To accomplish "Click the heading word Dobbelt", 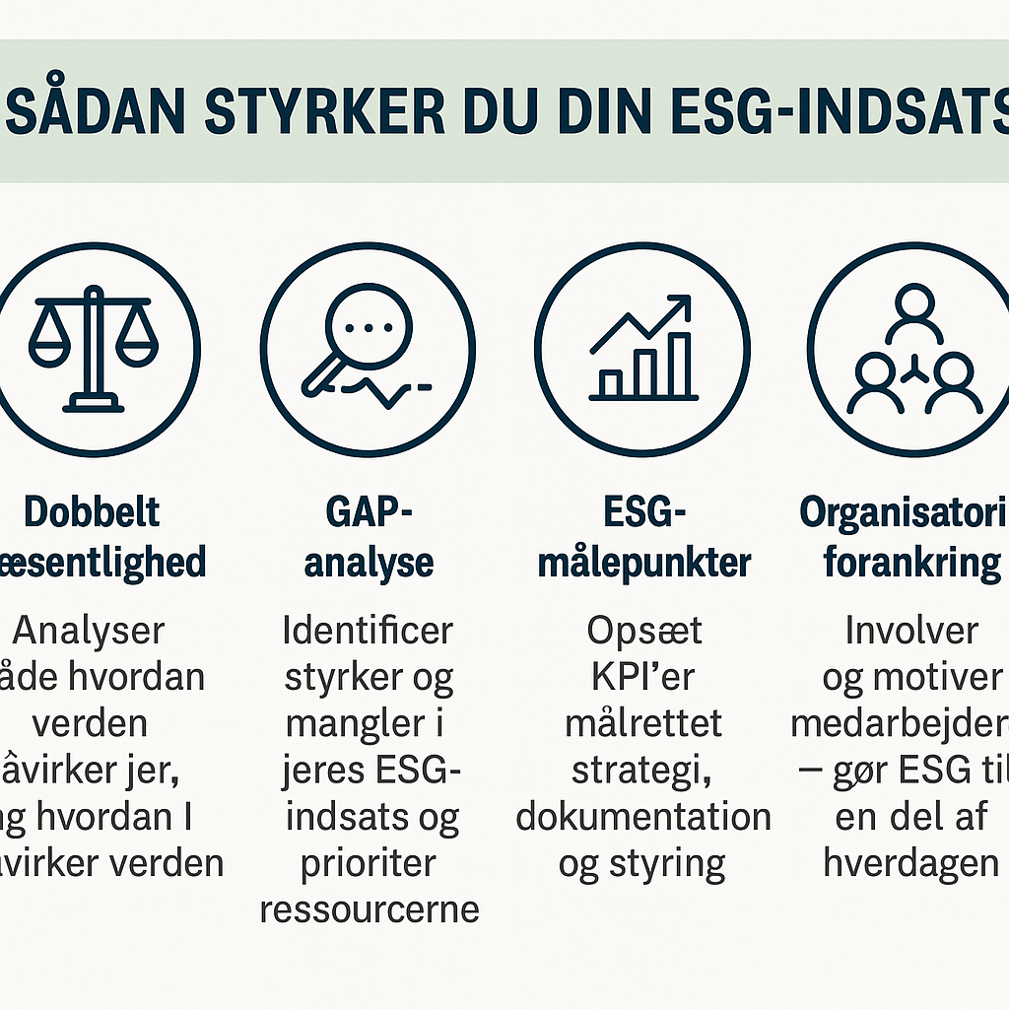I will click(x=92, y=513).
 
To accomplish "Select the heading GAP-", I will click(x=368, y=513).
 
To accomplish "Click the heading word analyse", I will click(x=369, y=563).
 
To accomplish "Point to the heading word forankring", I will click(x=911, y=563).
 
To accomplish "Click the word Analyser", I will click(x=90, y=631).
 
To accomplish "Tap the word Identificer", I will click(x=368, y=631).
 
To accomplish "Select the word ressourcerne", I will click(x=370, y=908).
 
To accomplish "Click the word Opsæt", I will click(x=642, y=631).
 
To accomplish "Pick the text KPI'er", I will click(x=642, y=678).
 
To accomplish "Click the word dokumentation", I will click(x=642, y=817).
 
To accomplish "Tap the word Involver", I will click(x=911, y=631).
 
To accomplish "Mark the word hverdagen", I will click(x=911, y=863).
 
